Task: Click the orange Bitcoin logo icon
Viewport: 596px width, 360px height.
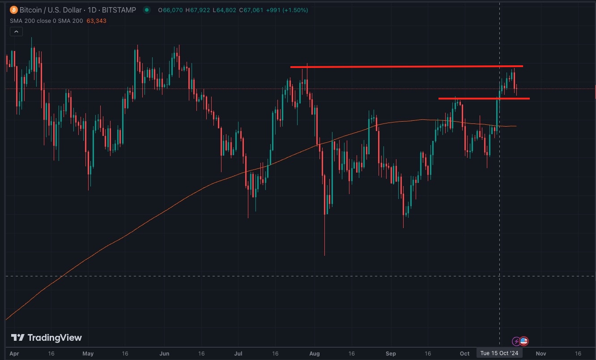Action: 13,10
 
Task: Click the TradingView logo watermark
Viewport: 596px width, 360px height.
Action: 47,338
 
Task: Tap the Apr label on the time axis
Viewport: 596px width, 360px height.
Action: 14,353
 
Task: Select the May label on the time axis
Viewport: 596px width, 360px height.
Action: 88,353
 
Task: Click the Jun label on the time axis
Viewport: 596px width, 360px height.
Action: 165,353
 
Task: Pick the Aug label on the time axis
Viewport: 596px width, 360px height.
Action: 315,353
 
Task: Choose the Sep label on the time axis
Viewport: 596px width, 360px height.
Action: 391,353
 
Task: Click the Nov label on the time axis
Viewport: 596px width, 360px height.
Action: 541,353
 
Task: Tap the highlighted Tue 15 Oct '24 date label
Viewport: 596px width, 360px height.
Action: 499,353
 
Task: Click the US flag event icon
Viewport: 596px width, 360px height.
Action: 524,341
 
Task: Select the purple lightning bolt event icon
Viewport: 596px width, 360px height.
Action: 516,341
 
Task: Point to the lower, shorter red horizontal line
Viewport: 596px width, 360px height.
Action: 484,98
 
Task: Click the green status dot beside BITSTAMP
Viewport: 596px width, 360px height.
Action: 147,10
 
